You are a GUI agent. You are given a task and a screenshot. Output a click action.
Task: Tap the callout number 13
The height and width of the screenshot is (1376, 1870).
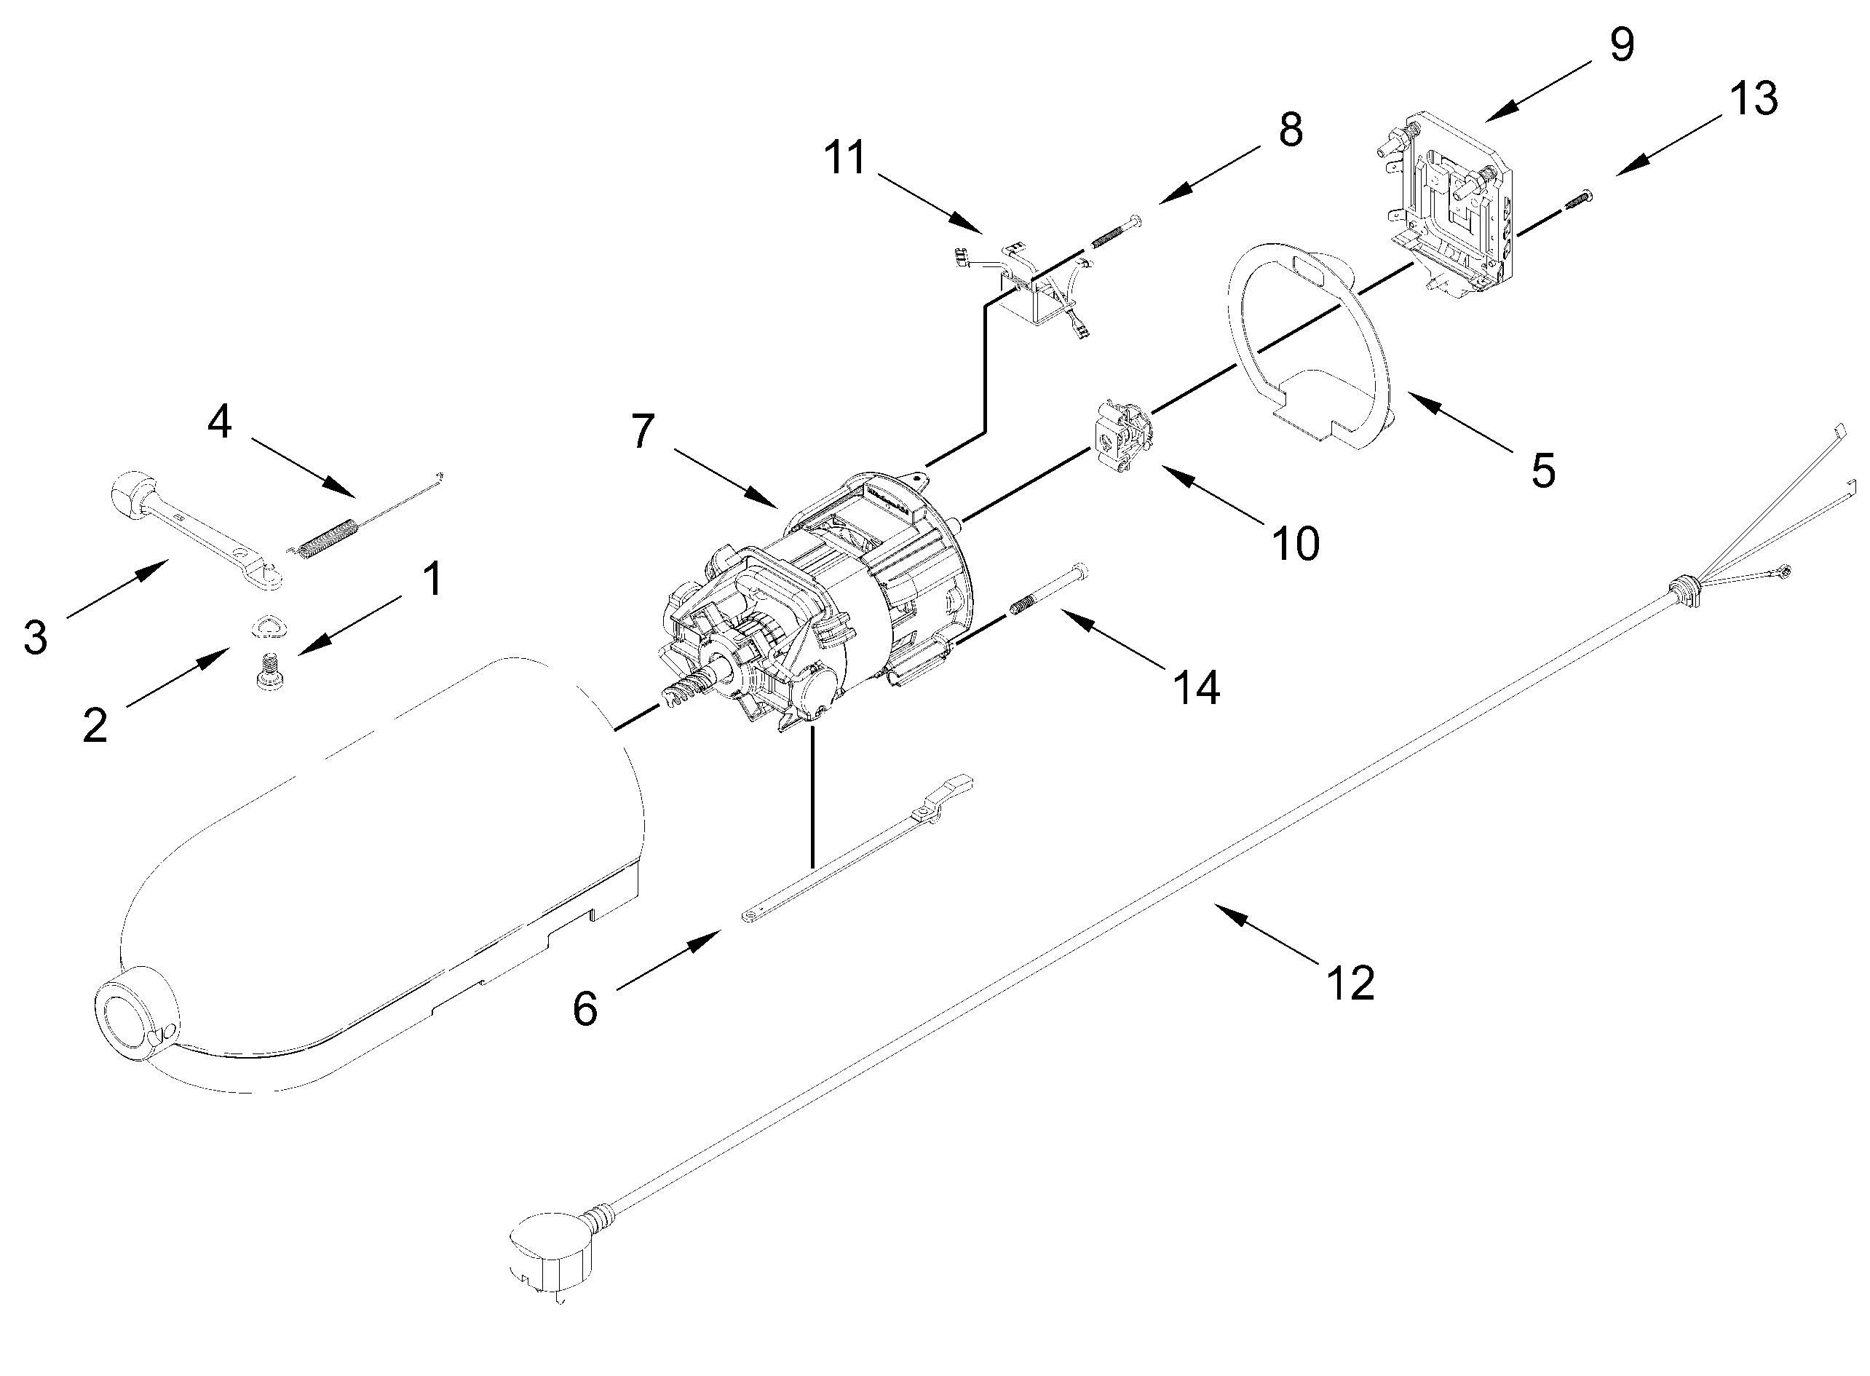pyautogui.click(x=1753, y=98)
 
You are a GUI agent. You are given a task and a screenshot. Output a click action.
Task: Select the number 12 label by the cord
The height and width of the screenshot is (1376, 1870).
pyautogui.click(x=1350, y=983)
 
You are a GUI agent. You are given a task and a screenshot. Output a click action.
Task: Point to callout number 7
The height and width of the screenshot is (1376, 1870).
pyautogui.click(x=643, y=432)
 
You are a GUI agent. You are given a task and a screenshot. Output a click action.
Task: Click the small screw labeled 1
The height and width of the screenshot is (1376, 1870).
pyautogui.click(x=267, y=671)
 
